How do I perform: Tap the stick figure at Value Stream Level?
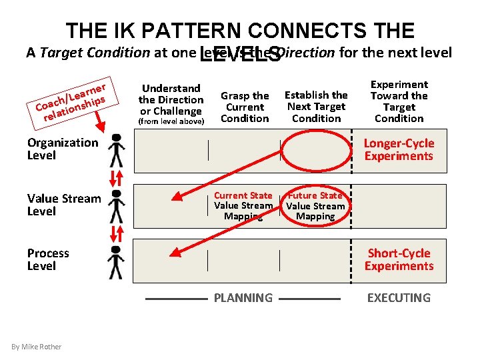point(117,205)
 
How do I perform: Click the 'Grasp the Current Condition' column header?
point(245,107)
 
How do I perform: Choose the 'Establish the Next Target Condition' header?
point(316,107)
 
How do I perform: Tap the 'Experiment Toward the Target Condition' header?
point(399,101)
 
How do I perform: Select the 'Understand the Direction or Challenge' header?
point(171,99)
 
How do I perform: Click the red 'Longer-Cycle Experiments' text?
point(399,149)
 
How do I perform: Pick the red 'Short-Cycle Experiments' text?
point(399,259)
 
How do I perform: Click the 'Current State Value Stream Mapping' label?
point(243,205)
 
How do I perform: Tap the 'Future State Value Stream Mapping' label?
point(315,205)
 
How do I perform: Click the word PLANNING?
point(243,298)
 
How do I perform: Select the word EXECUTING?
point(399,298)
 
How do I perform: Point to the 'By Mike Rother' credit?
point(36,347)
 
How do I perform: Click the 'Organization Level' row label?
point(62,149)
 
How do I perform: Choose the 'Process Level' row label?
point(48,259)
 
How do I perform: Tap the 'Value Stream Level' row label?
point(64,205)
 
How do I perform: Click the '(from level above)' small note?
point(171,122)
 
